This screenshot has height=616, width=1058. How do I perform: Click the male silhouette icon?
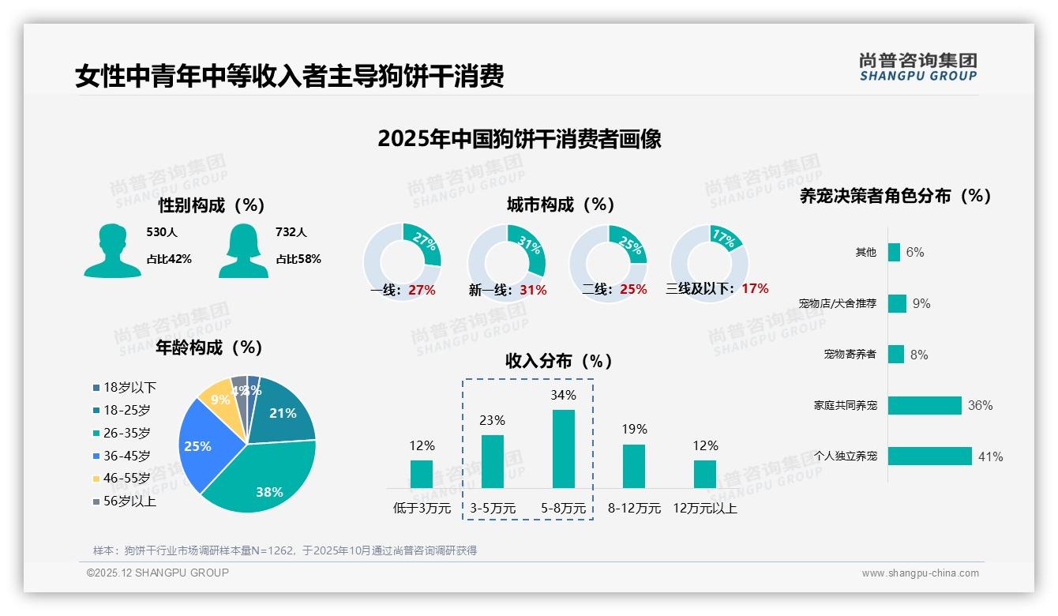[x=112, y=250]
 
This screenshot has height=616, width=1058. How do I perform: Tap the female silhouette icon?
[x=243, y=250]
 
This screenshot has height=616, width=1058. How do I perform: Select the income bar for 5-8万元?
[x=564, y=449]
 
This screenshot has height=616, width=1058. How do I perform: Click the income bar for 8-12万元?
[x=634, y=466]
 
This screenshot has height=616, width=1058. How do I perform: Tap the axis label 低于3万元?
[x=422, y=509]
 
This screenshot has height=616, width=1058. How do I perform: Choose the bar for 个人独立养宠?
[x=929, y=456]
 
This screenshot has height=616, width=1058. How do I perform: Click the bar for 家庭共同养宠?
[x=925, y=405]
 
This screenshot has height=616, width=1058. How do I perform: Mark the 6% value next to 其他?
[x=915, y=253]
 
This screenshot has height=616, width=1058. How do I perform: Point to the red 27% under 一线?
[x=422, y=290]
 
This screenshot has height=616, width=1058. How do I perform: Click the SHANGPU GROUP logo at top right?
[x=917, y=67]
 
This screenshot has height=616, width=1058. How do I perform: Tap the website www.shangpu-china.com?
[x=920, y=573]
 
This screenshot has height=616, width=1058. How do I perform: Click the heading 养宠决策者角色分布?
[x=895, y=196]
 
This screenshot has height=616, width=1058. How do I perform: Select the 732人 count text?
[x=291, y=232]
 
